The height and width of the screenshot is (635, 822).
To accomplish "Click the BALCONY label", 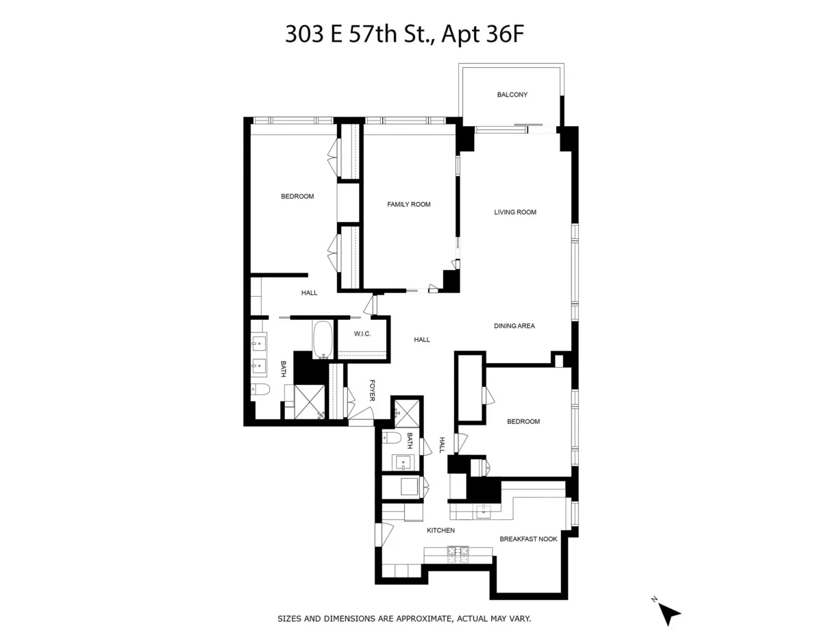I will pyautogui.click(x=512, y=95).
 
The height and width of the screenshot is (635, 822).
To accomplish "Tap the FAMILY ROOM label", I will pyautogui.click(x=409, y=204).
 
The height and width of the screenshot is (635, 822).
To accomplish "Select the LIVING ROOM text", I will pyautogui.click(x=515, y=212).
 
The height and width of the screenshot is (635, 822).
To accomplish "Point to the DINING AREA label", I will pyautogui.click(x=514, y=326).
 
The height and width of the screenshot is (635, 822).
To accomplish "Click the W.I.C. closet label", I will pyautogui.click(x=362, y=334).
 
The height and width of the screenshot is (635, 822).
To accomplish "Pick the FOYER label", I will pyautogui.click(x=373, y=390).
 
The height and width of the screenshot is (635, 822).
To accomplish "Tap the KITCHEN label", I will pyautogui.click(x=440, y=530).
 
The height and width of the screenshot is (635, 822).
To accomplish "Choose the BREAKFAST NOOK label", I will pyautogui.click(x=528, y=539).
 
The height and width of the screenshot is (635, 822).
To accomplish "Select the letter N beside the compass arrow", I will pyautogui.click(x=655, y=599).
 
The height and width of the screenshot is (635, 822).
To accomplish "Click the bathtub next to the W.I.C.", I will pyautogui.click(x=323, y=339).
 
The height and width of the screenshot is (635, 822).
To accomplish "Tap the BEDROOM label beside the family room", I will pyautogui.click(x=297, y=197).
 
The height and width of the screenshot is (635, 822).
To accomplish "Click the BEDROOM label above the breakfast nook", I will pyautogui.click(x=523, y=422).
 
